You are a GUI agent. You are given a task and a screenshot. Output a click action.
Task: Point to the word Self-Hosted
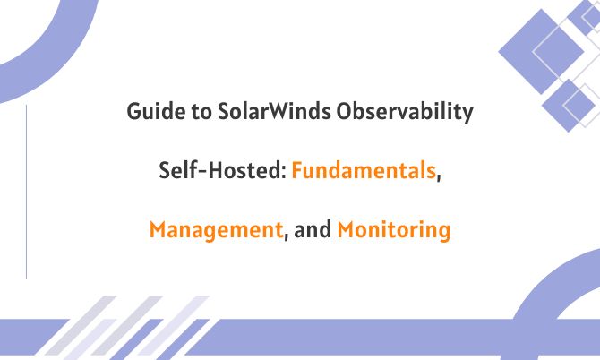tap(220, 172)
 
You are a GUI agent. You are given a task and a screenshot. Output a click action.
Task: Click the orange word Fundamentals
tap(363, 172)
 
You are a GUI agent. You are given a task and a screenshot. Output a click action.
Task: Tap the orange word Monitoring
tap(394, 230)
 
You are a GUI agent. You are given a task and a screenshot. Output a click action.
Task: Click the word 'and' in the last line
tap(312, 230)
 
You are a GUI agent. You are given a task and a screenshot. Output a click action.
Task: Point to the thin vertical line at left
tap(27, 192)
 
